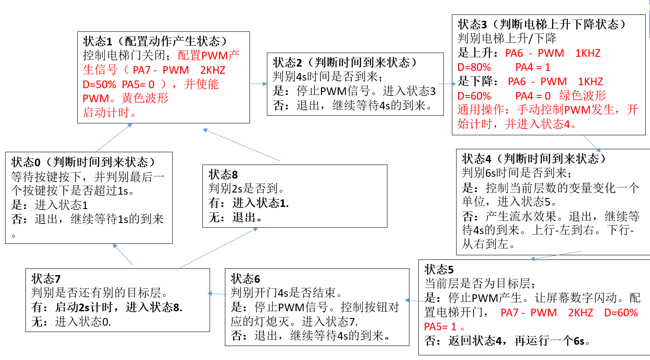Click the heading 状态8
[223, 175]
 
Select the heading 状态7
[46, 279]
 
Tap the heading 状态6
[245, 279]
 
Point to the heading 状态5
[439, 269]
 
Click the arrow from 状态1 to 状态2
[258, 84]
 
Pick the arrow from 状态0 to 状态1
[114, 137]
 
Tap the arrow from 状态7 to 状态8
[218, 248]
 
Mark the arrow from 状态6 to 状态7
[217, 294]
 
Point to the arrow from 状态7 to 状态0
[123, 254]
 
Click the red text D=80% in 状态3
[474, 67]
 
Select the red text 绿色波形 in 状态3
[583, 96]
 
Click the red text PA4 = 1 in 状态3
[532, 67]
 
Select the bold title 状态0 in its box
[26, 162]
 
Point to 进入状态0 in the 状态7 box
[83, 322]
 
